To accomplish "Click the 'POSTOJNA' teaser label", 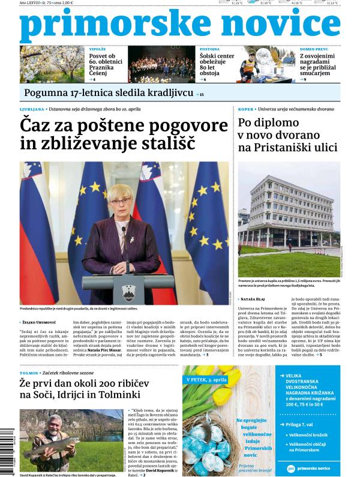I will [x=209, y=50].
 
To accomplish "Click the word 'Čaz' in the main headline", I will [x=37, y=126].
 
